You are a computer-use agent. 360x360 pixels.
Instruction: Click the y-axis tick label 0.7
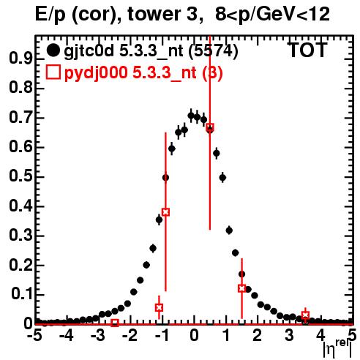click(20, 118)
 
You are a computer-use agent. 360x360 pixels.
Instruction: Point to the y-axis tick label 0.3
click(20, 236)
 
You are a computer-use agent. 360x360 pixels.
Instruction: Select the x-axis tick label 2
click(257, 336)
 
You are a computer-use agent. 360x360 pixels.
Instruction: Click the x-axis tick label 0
click(194, 336)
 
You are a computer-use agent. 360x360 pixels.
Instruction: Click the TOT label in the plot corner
click(308, 50)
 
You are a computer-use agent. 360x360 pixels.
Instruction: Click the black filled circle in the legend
click(53, 50)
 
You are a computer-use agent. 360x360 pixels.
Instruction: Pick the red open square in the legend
click(53, 72)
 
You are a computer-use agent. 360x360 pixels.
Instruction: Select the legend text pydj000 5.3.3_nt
click(130, 72)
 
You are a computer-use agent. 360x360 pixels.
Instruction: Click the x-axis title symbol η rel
click(337, 349)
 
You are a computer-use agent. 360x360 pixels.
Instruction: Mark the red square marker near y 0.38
click(165, 212)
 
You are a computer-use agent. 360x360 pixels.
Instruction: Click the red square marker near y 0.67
click(210, 127)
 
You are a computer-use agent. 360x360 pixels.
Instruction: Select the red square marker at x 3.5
click(305, 315)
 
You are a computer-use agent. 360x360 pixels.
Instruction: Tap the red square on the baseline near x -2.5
click(115, 323)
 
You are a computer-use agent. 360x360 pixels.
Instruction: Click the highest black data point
click(191, 116)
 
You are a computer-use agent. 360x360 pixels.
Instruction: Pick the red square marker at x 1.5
click(241, 288)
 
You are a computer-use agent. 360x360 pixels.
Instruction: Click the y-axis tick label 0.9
click(20, 59)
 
